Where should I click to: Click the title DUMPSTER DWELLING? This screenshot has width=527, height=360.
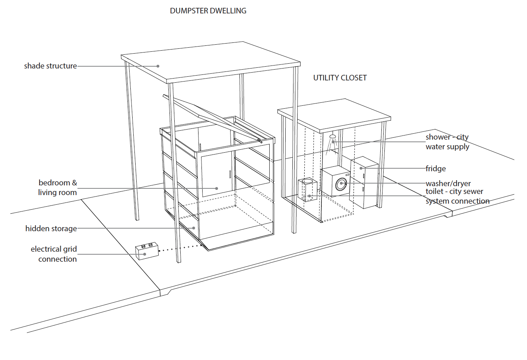point(208,11)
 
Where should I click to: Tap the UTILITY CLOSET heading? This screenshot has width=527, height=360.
point(340,78)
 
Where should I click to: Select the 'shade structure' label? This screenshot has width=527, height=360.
point(50,66)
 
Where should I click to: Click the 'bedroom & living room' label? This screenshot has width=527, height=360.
point(57,188)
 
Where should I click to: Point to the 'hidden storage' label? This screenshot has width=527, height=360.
point(51,229)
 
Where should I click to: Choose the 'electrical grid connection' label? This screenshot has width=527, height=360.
point(54,254)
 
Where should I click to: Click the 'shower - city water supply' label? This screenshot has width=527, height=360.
point(447,142)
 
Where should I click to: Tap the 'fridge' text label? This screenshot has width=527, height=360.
point(436,169)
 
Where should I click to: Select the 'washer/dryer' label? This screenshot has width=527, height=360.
point(448,184)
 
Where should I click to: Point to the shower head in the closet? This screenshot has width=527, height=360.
point(333,137)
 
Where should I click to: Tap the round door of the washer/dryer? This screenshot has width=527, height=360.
point(341,184)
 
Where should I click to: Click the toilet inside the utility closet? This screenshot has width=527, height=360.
point(307,189)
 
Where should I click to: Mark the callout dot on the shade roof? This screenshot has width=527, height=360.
point(158,66)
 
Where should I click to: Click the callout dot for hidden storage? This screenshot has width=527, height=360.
point(194,228)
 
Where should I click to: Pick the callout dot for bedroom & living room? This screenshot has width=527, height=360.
point(217,188)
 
